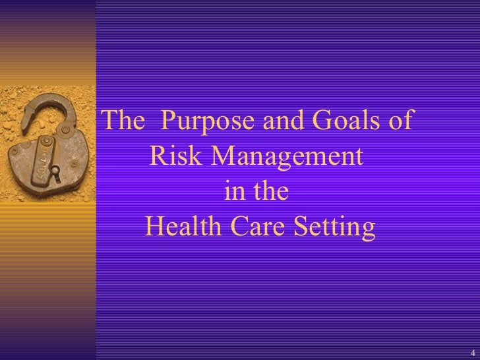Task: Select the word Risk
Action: tap(174, 158)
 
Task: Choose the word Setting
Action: tap(338, 229)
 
